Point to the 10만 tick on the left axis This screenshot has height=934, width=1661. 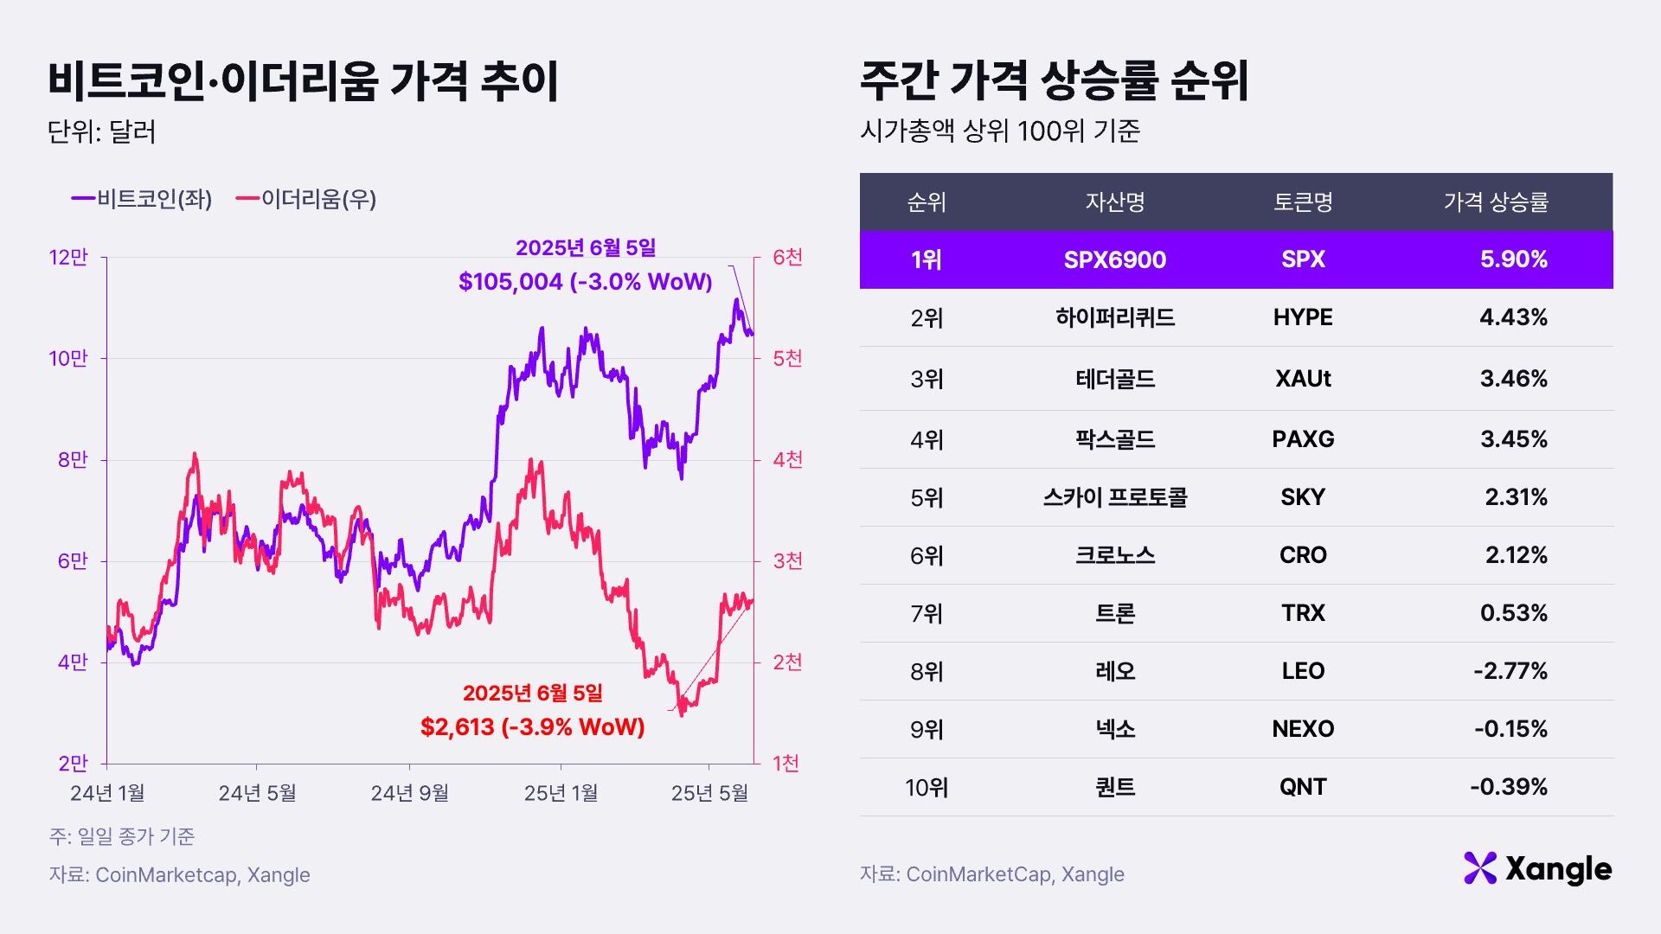[68, 358]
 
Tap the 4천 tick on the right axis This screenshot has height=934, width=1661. [787, 459]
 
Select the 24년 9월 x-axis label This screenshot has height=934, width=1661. [409, 793]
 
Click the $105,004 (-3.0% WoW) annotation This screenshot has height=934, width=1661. [585, 281]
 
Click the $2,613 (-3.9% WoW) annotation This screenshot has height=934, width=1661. [532, 726]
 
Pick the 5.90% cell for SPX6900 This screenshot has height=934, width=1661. [1513, 259]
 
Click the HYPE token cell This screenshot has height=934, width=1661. [1302, 317]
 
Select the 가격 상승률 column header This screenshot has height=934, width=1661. [1495, 202]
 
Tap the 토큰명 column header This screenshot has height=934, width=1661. [1302, 202]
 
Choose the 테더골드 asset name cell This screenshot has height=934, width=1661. [1114, 379]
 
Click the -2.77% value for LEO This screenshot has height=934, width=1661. [1510, 671]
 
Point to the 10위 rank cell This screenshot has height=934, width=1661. [926, 788]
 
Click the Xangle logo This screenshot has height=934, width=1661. [1537, 868]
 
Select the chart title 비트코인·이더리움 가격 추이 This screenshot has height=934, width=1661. [303, 82]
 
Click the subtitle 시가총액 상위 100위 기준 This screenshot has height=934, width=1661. [999, 131]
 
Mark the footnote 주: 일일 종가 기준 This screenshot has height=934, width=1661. [122, 836]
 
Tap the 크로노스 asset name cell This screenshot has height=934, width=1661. [1114, 555]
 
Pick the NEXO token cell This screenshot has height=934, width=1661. [1302, 729]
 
